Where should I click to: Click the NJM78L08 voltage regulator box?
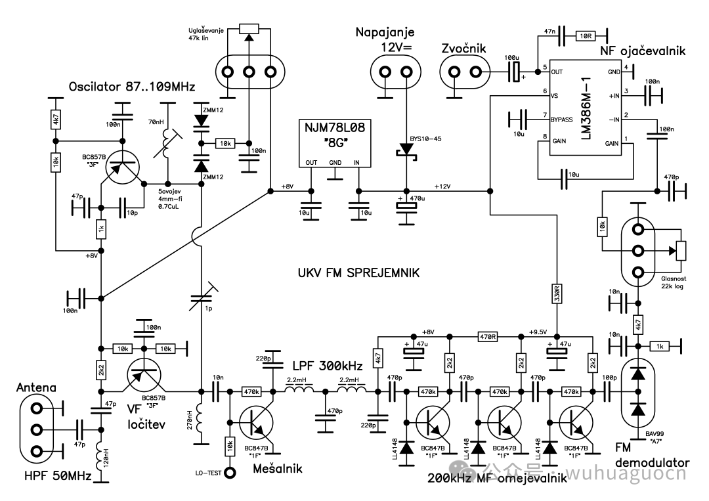(x=335, y=143)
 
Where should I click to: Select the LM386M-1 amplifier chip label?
(x=586, y=108)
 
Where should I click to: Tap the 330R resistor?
(x=557, y=294)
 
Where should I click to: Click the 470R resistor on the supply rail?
(x=487, y=336)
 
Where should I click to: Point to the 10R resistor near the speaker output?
(x=586, y=35)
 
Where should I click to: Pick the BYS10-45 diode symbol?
(x=406, y=150)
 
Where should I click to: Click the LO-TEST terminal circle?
(x=230, y=473)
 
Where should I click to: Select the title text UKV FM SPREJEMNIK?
(x=358, y=272)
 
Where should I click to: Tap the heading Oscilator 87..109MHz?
(x=131, y=87)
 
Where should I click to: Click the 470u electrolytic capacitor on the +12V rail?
(x=406, y=206)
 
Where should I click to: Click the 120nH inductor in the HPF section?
(x=101, y=457)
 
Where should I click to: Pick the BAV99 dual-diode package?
(x=638, y=391)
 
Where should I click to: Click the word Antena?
(x=36, y=387)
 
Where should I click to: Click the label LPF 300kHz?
(x=328, y=365)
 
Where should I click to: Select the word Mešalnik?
(x=278, y=468)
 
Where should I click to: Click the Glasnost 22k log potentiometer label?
(x=674, y=282)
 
